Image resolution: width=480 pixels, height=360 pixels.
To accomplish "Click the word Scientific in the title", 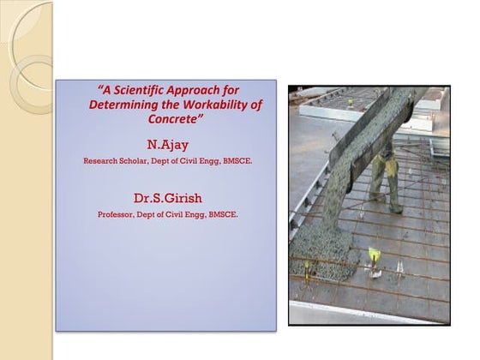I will pyautogui.click(x=141, y=88).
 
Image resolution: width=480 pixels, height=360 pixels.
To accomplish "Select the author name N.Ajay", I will pyautogui.click(x=166, y=143).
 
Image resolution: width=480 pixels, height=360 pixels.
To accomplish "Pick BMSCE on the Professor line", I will pyautogui.click(x=222, y=215).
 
